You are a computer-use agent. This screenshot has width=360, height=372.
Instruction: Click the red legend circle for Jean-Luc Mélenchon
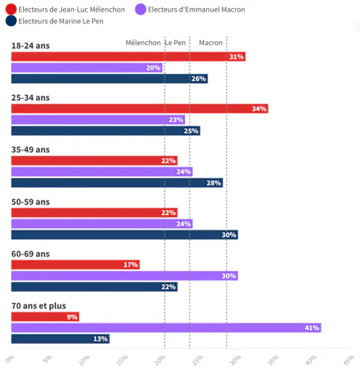point(11,9)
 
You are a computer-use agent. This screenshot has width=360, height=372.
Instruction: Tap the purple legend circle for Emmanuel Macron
point(141,9)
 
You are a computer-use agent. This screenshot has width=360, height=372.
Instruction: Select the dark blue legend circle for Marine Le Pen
point(11,21)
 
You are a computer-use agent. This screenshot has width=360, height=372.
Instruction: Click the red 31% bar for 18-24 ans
point(128,57)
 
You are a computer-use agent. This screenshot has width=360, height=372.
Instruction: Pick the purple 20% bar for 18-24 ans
point(87,68)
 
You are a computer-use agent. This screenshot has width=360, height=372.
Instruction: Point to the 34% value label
point(259,109)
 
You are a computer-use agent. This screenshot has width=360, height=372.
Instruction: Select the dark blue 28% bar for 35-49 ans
point(117,183)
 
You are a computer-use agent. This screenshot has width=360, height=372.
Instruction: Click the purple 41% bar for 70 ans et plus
point(166,328)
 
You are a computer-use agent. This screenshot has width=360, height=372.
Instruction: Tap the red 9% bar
point(45,317)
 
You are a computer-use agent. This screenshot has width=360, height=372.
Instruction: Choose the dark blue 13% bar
point(60,339)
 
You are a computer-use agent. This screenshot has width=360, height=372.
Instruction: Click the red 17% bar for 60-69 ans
point(75,264)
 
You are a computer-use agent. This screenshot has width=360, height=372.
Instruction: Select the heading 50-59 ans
point(30,202)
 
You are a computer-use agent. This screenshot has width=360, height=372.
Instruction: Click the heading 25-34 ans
point(30,97)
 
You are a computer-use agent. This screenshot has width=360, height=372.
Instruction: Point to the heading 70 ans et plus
point(38,306)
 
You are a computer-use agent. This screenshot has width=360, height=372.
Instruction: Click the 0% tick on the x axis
point(9,359)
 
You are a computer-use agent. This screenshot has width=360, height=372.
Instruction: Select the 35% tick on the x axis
point(273,360)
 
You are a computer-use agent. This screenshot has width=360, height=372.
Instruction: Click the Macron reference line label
point(210,43)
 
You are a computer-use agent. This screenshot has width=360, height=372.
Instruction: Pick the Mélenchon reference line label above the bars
point(143,43)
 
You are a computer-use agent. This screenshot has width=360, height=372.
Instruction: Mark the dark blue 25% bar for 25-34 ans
point(106,131)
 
